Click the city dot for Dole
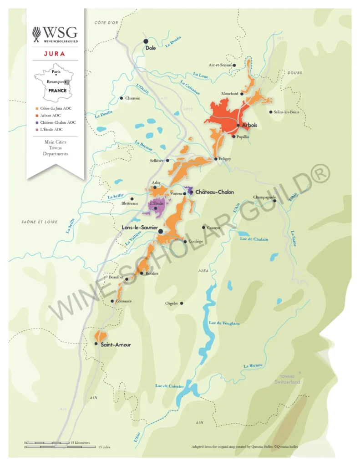coord(146,41)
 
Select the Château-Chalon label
coord(214,192)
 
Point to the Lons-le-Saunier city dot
coord(160,232)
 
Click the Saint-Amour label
coord(116,344)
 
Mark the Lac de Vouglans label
coord(224,323)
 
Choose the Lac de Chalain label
coord(254,239)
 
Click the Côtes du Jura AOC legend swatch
coord(36,108)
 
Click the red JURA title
coord(55,54)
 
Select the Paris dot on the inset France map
coord(56,75)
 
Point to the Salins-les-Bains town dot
coord(271,112)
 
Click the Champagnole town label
coord(264,197)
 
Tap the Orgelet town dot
coord(182,303)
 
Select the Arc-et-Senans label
coord(220,65)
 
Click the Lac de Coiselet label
coord(169,386)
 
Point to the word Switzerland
coord(287,382)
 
